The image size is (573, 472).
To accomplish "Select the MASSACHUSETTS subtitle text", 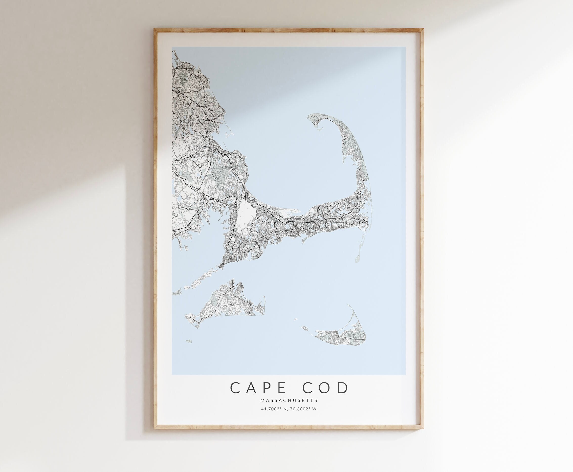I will pos(289,400).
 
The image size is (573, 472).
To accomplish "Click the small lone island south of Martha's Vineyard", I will pos(189,341).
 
